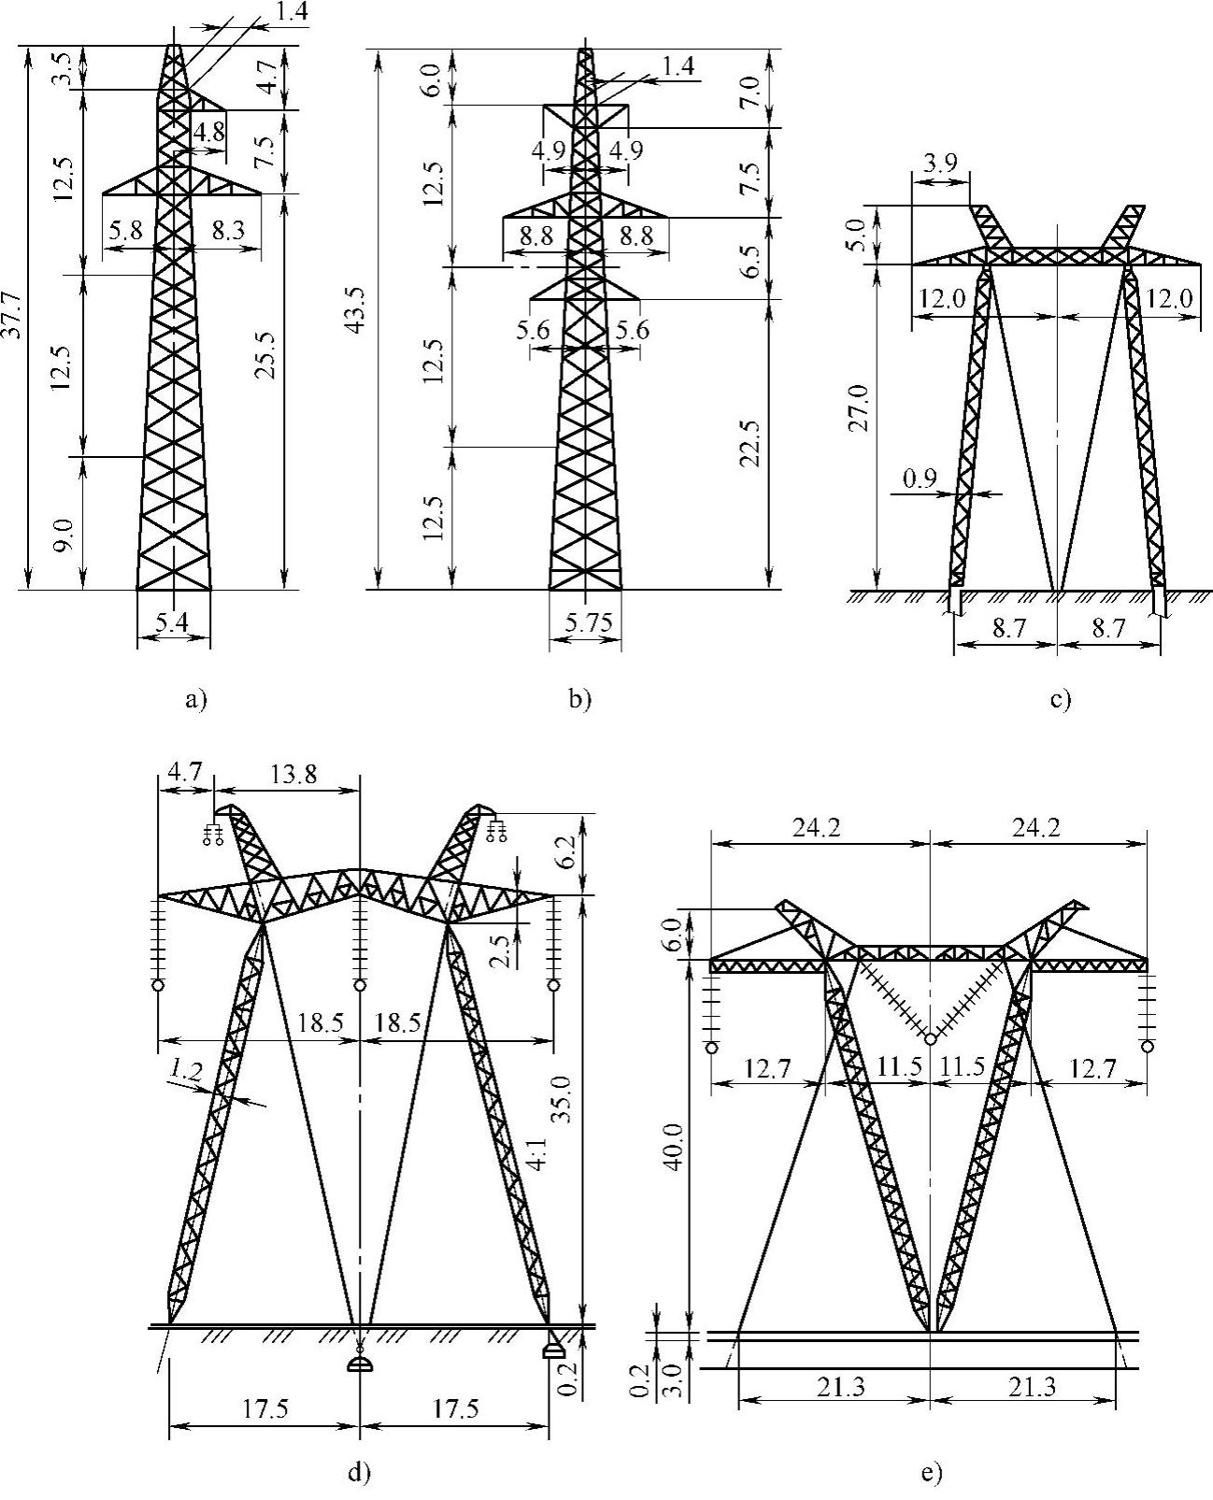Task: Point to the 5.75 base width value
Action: coord(585,621)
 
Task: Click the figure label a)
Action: coord(195,697)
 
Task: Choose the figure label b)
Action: coord(580,697)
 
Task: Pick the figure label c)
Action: coord(1060,698)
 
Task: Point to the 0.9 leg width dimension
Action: coord(921,480)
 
